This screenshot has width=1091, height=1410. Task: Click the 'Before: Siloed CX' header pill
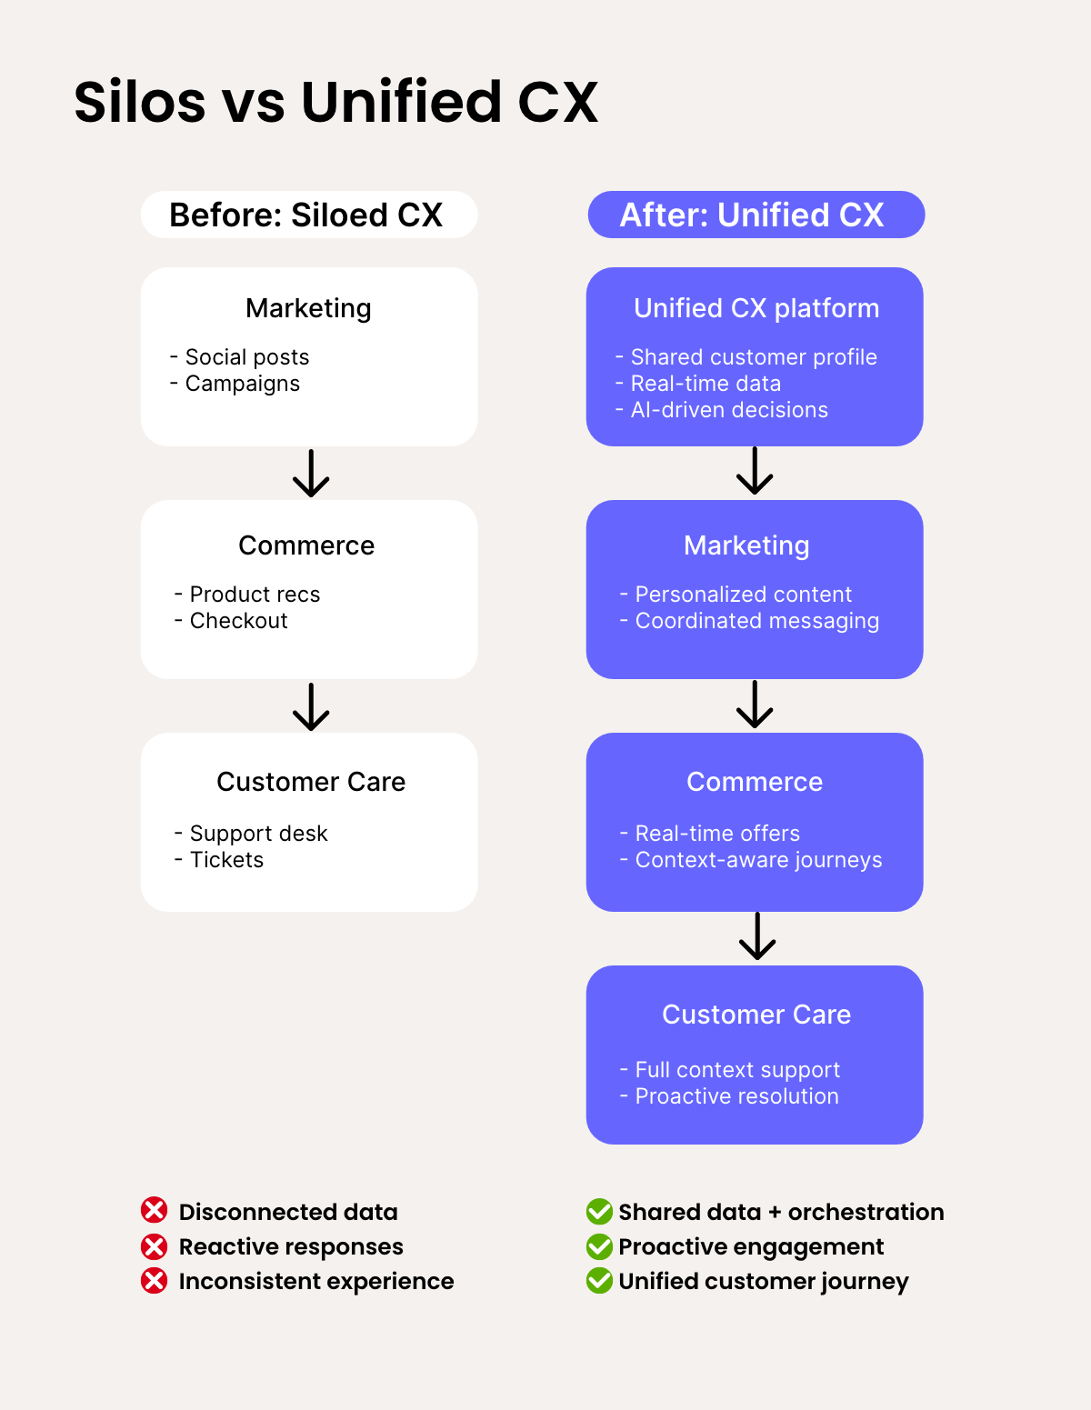[x=308, y=215]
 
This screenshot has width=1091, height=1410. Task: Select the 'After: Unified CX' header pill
[x=756, y=215]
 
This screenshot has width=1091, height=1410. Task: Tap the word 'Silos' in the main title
[x=140, y=102]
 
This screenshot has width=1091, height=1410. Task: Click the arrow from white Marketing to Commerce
[x=311, y=473]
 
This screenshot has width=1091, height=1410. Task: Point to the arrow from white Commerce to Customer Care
[x=311, y=706]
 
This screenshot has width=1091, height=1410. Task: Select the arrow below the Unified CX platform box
[x=755, y=471]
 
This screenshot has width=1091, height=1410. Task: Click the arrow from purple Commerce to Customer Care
[x=757, y=936]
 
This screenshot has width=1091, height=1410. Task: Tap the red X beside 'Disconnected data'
[x=155, y=1211]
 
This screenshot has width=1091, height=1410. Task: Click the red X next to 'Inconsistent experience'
[x=155, y=1281]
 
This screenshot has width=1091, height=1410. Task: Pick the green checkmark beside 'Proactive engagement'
[x=599, y=1246]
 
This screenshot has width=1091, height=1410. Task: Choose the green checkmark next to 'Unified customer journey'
[x=599, y=1281]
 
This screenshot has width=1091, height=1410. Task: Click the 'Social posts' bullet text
[x=246, y=357]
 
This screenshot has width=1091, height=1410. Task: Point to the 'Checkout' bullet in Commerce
[x=238, y=621]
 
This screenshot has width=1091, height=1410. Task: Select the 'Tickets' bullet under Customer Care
[x=226, y=860]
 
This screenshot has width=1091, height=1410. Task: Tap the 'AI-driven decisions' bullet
[x=729, y=410]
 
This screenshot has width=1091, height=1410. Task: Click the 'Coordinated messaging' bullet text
[x=756, y=621]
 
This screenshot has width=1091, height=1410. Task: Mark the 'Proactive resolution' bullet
[x=736, y=1096]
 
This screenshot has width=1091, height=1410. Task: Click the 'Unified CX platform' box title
[x=756, y=308]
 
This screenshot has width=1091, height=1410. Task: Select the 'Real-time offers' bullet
[x=717, y=834]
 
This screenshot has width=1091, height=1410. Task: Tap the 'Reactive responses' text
[x=291, y=1246]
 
